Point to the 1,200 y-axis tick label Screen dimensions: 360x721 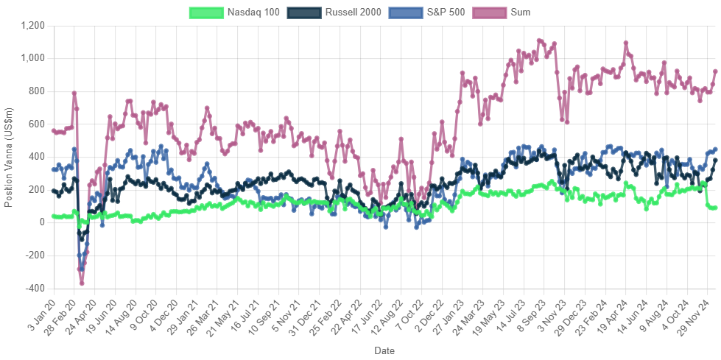[x=34, y=25]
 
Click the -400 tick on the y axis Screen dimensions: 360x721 [x=36, y=288]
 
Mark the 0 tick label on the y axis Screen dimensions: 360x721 [x=42, y=222]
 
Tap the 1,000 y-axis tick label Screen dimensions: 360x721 [x=34, y=58]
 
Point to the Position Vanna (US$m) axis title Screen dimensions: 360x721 [x=9, y=156]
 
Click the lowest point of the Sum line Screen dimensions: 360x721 [x=82, y=283]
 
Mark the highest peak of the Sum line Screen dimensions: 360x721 [x=539, y=40]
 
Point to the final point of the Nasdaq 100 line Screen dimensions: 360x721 [x=715, y=208]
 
